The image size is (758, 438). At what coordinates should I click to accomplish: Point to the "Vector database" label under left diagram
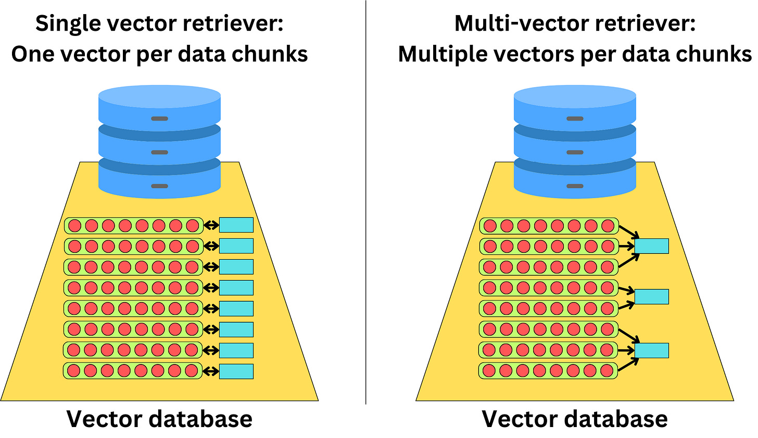pos(159,419)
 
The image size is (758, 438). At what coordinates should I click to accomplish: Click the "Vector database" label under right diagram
pos(574,419)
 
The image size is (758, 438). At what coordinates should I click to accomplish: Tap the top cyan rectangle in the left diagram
pos(236,225)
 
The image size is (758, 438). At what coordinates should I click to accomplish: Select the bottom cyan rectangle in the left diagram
pos(236,371)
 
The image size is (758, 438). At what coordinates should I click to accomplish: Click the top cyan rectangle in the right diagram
pos(651,246)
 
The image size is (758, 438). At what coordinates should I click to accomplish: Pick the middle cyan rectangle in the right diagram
pos(651,296)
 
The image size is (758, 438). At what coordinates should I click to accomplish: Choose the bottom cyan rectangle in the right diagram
pos(651,350)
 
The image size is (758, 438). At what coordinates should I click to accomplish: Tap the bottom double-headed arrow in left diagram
pos(211,371)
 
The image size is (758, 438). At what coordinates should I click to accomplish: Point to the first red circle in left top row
pos(74,226)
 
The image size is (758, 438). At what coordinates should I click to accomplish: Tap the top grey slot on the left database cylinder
pos(159,119)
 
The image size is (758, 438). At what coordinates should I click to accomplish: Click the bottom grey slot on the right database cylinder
pos(574,186)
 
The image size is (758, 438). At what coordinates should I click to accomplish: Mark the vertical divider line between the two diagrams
pos(366,209)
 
